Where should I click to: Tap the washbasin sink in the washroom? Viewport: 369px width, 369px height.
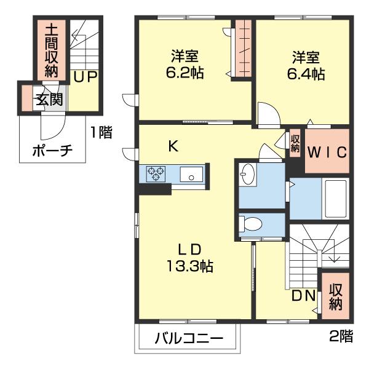248,175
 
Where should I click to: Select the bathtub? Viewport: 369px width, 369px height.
336,199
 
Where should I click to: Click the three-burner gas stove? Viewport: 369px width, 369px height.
156,173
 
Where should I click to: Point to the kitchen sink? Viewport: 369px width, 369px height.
191,175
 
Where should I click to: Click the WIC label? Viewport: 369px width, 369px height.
327,153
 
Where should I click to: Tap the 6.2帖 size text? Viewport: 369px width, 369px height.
185,73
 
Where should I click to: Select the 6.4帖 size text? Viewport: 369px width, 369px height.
306,74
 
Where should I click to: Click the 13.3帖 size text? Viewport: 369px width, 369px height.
189,266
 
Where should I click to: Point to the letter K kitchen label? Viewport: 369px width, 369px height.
173,146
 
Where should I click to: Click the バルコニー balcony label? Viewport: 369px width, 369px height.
189,339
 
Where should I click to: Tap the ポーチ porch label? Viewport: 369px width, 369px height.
52,151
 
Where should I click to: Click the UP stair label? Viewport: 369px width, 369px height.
85,77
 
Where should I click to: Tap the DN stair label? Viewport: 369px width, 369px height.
303,296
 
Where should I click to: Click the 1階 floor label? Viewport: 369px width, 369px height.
101,132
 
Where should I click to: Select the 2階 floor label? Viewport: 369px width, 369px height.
341,336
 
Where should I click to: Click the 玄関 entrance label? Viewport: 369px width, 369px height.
49,99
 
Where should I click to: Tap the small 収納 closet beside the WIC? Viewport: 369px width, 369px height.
295,143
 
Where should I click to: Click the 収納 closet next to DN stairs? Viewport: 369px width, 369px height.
335,296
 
